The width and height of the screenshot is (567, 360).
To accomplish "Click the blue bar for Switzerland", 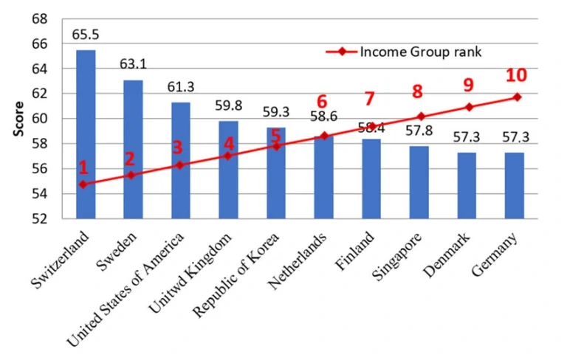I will tap(86, 134).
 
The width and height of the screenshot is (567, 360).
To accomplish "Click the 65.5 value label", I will tap(86, 35).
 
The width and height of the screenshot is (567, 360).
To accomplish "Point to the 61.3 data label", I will tap(181, 89).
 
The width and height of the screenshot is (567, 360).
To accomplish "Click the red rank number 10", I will tap(515, 75).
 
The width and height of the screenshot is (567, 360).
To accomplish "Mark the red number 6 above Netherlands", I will tap(321, 102).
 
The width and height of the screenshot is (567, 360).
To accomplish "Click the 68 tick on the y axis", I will tap(41, 18).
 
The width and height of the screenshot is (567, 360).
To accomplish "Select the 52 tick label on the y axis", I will tap(41, 219).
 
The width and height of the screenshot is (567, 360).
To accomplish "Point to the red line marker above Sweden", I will tap(131, 175).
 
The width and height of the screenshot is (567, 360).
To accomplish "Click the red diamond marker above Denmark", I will tap(467, 107).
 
